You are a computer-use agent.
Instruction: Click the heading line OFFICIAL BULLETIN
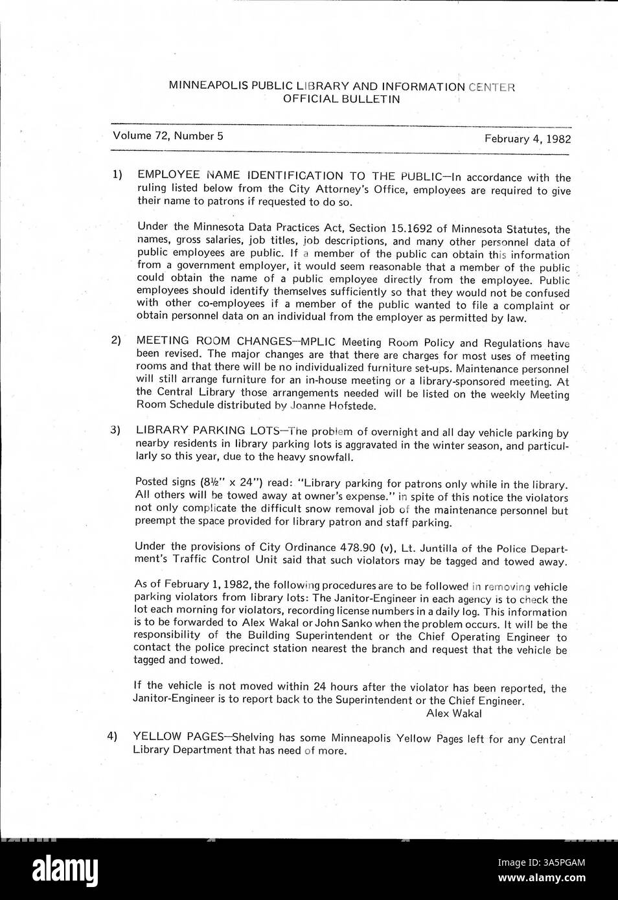(341, 99)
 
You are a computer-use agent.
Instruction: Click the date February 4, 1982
(527, 139)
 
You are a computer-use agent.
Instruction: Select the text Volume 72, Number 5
(168, 136)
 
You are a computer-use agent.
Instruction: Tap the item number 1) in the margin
(117, 174)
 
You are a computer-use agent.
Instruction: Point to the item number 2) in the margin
(115, 340)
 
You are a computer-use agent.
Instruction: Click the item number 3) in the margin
(115, 430)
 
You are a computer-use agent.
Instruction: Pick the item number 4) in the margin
(112, 736)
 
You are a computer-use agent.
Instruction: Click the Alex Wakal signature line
(453, 714)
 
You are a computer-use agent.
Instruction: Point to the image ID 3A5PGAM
(542, 862)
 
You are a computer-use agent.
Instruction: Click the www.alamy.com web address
(542, 879)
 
